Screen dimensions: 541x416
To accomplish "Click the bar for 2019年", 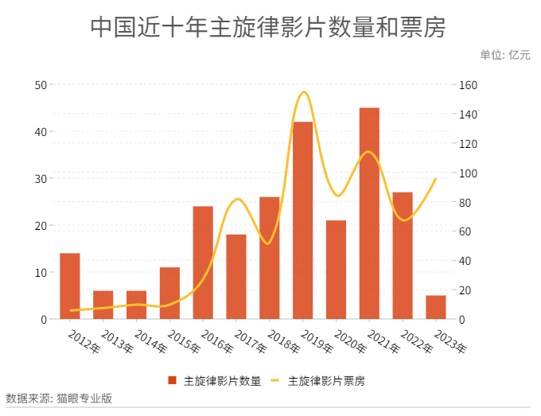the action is (x=302, y=220).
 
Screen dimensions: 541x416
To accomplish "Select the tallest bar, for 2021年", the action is (x=369, y=213).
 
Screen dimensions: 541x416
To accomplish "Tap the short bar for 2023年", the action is (x=436, y=307).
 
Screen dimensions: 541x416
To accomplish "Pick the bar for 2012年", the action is (x=70, y=286).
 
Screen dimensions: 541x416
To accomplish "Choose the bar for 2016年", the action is (x=203, y=262).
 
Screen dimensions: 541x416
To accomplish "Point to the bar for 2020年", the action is (x=336, y=270).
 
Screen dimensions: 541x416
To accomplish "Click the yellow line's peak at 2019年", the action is (x=304, y=91).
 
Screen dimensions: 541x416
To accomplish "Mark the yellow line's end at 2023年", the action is (x=436, y=178).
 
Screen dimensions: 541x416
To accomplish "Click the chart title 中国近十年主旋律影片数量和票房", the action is (x=268, y=27).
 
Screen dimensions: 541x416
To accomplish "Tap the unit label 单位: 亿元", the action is (x=505, y=55).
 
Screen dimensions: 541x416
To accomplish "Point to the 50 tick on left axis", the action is (x=41, y=85).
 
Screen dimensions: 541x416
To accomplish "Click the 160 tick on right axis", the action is (x=468, y=85).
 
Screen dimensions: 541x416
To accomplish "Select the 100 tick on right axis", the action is (x=468, y=173).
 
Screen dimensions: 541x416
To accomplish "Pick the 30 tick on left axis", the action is (x=41, y=179).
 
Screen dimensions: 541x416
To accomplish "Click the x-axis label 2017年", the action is (x=251, y=341).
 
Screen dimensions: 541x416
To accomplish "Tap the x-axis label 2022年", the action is (x=417, y=341).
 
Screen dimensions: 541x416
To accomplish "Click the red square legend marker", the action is (x=172, y=380).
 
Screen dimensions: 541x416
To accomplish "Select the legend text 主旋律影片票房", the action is (x=326, y=381).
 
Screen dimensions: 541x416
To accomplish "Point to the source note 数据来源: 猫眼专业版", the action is (x=59, y=399).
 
